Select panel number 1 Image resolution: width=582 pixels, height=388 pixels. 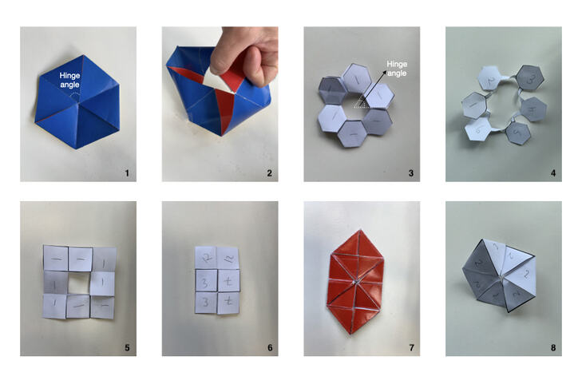click(126, 172)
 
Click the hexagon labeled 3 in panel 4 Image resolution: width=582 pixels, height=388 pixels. click(528, 79)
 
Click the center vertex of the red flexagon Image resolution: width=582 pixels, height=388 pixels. click(362, 281)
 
